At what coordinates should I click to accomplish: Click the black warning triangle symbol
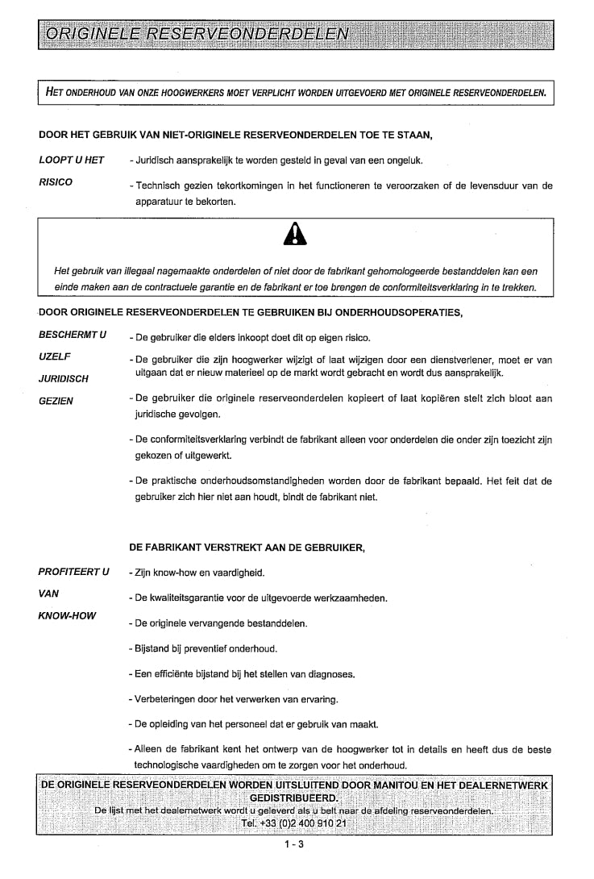[x=295, y=234]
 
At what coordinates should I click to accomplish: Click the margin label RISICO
[x=56, y=181]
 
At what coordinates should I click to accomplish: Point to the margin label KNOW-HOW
[x=68, y=615]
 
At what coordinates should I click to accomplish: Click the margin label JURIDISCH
[x=64, y=378]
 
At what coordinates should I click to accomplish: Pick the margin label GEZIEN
[x=56, y=400]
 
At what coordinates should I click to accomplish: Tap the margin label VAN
[x=50, y=594]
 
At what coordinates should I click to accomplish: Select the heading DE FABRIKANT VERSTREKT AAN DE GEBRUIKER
[x=247, y=548]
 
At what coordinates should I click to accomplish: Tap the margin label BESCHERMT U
[x=73, y=334]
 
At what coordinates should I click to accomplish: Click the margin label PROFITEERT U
[x=74, y=572]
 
